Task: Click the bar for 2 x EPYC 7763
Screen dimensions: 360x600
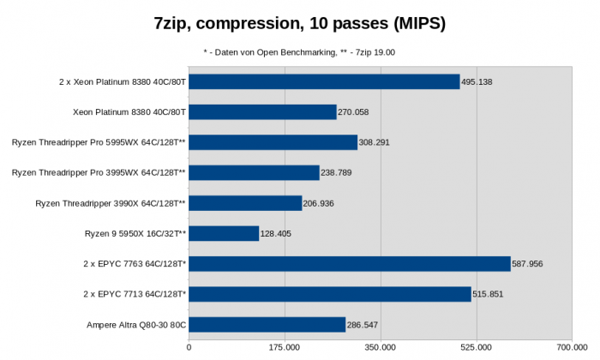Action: [x=350, y=264]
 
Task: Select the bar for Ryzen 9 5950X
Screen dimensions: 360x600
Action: [x=224, y=233]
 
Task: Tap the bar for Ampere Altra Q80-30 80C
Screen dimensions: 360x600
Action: [x=267, y=325]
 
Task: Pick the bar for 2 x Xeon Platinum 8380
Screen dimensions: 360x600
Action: [x=324, y=81]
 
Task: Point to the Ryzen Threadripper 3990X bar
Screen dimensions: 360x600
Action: [x=245, y=203]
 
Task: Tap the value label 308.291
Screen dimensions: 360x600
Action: [x=374, y=142]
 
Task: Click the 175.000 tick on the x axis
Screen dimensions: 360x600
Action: [x=285, y=348]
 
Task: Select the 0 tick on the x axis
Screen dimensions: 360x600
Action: [x=189, y=348]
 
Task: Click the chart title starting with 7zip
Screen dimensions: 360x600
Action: [x=300, y=23]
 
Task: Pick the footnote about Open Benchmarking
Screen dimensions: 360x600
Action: [x=300, y=52]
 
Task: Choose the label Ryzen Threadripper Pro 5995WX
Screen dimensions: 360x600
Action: [x=99, y=142]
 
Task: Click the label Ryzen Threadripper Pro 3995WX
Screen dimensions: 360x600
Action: [x=99, y=173]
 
